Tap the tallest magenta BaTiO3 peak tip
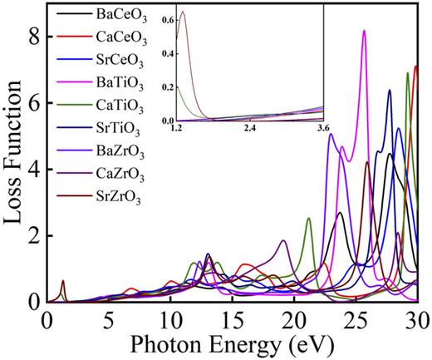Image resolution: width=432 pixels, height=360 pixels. [364, 31]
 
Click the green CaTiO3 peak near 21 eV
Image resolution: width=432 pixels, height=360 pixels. [308, 218]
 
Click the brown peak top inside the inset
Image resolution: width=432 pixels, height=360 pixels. [183, 12]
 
